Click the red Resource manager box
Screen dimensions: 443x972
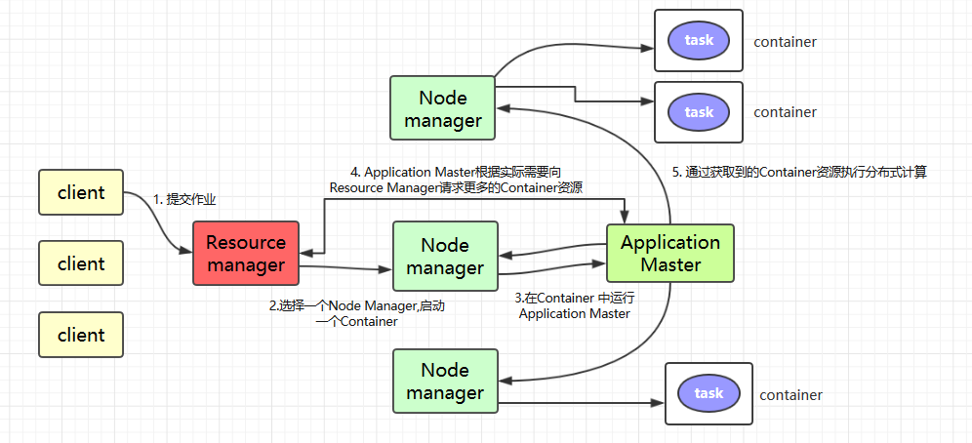(246, 253)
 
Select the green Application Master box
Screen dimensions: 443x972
(669, 253)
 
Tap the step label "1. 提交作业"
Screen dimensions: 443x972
(183, 199)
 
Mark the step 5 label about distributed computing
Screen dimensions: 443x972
(799, 172)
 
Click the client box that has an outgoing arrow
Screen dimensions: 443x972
(81, 192)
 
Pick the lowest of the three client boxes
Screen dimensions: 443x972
(81, 335)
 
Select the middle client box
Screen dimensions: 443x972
(81, 263)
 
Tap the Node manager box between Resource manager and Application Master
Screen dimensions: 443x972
(444, 256)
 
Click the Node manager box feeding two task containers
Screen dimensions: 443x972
(442, 108)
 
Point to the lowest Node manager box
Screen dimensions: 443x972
(444, 381)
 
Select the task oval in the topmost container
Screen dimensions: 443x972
(699, 40)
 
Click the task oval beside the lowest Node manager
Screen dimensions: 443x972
(709, 393)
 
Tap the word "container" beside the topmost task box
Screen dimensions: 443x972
(785, 42)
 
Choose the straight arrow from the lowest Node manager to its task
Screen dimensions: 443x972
(576, 401)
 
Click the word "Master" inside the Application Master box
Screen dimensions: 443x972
(669, 264)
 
